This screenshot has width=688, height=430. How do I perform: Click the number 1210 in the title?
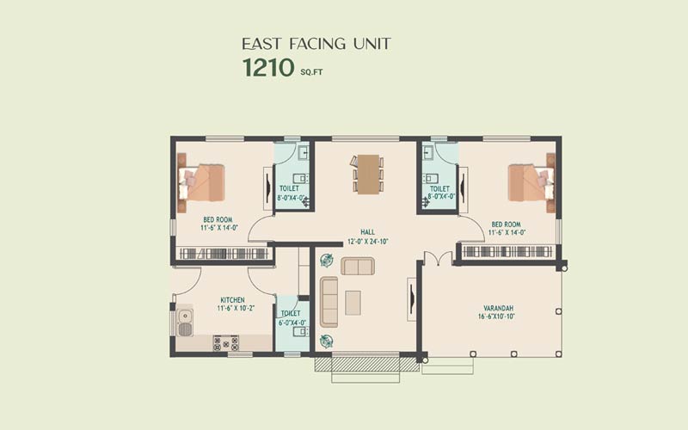[x=268, y=68]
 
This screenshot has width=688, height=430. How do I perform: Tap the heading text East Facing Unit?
[x=316, y=44]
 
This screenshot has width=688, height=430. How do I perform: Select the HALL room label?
[x=368, y=232]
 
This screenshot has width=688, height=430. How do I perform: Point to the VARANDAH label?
[x=499, y=308]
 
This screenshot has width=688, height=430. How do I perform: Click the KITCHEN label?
[x=232, y=300]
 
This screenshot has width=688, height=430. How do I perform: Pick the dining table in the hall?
[x=368, y=175]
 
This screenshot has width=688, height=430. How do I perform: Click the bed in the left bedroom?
[x=201, y=182]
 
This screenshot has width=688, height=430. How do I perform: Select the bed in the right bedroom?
[x=531, y=182]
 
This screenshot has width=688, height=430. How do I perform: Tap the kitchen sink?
[x=185, y=322]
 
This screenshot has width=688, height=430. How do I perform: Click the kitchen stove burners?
[x=226, y=343]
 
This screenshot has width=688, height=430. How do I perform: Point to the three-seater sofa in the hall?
[x=329, y=302]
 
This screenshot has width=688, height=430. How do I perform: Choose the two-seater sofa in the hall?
[x=358, y=267]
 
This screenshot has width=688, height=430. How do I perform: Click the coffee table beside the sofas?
[x=353, y=303]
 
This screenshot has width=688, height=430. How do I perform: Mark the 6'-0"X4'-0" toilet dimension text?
[x=292, y=323]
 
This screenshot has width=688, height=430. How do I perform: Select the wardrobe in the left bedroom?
[x=224, y=254]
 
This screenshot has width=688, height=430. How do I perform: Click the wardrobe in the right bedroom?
[x=507, y=251]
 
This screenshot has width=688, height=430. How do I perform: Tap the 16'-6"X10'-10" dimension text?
[x=496, y=316]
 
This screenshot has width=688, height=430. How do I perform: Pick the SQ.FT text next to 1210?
[x=311, y=72]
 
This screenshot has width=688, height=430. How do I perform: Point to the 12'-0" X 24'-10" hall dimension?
[x=368, y=242]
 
